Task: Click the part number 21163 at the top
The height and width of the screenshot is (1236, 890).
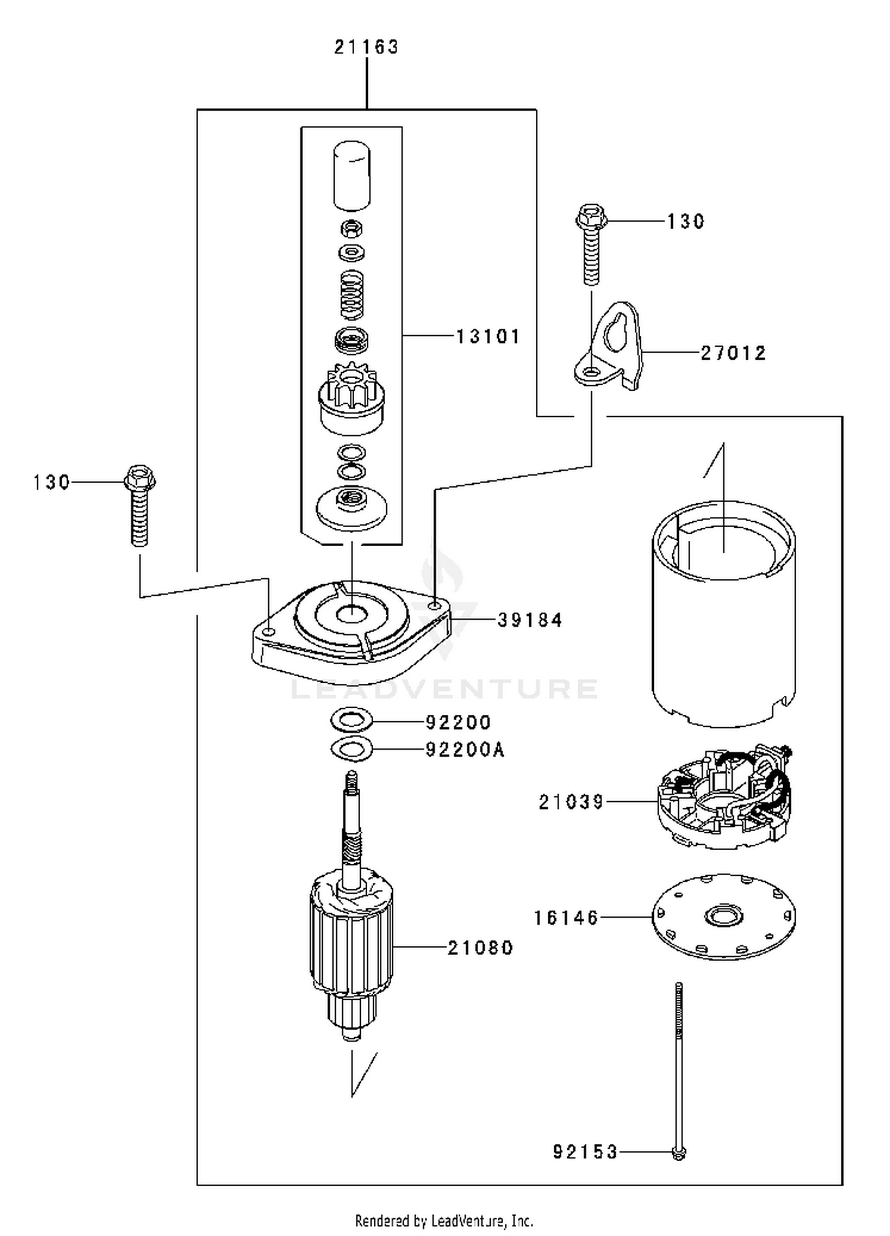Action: coord(366,47)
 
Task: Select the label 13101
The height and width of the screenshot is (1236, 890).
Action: coord(488,337)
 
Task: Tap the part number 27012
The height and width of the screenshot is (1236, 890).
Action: coord(733,353)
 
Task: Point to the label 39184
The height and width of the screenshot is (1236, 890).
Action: coord(530,620)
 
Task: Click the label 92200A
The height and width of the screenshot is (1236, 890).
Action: coord(465,750)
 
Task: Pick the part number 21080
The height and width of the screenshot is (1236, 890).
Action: coord(480,947)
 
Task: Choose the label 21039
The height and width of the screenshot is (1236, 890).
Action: coord(571,803)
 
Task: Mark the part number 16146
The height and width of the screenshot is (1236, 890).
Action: coord(566,918)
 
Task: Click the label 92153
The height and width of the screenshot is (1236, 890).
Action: coord(586,1152)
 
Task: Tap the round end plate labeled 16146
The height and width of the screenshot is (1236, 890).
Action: coord(724,917)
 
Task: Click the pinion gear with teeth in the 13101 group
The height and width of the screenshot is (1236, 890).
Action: coord(352,398)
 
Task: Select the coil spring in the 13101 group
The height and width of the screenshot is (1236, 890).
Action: coord(352,294)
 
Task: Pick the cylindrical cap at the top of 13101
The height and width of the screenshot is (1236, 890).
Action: coord(352,176)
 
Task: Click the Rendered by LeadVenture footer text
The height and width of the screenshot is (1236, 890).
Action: coord(444,1221)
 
